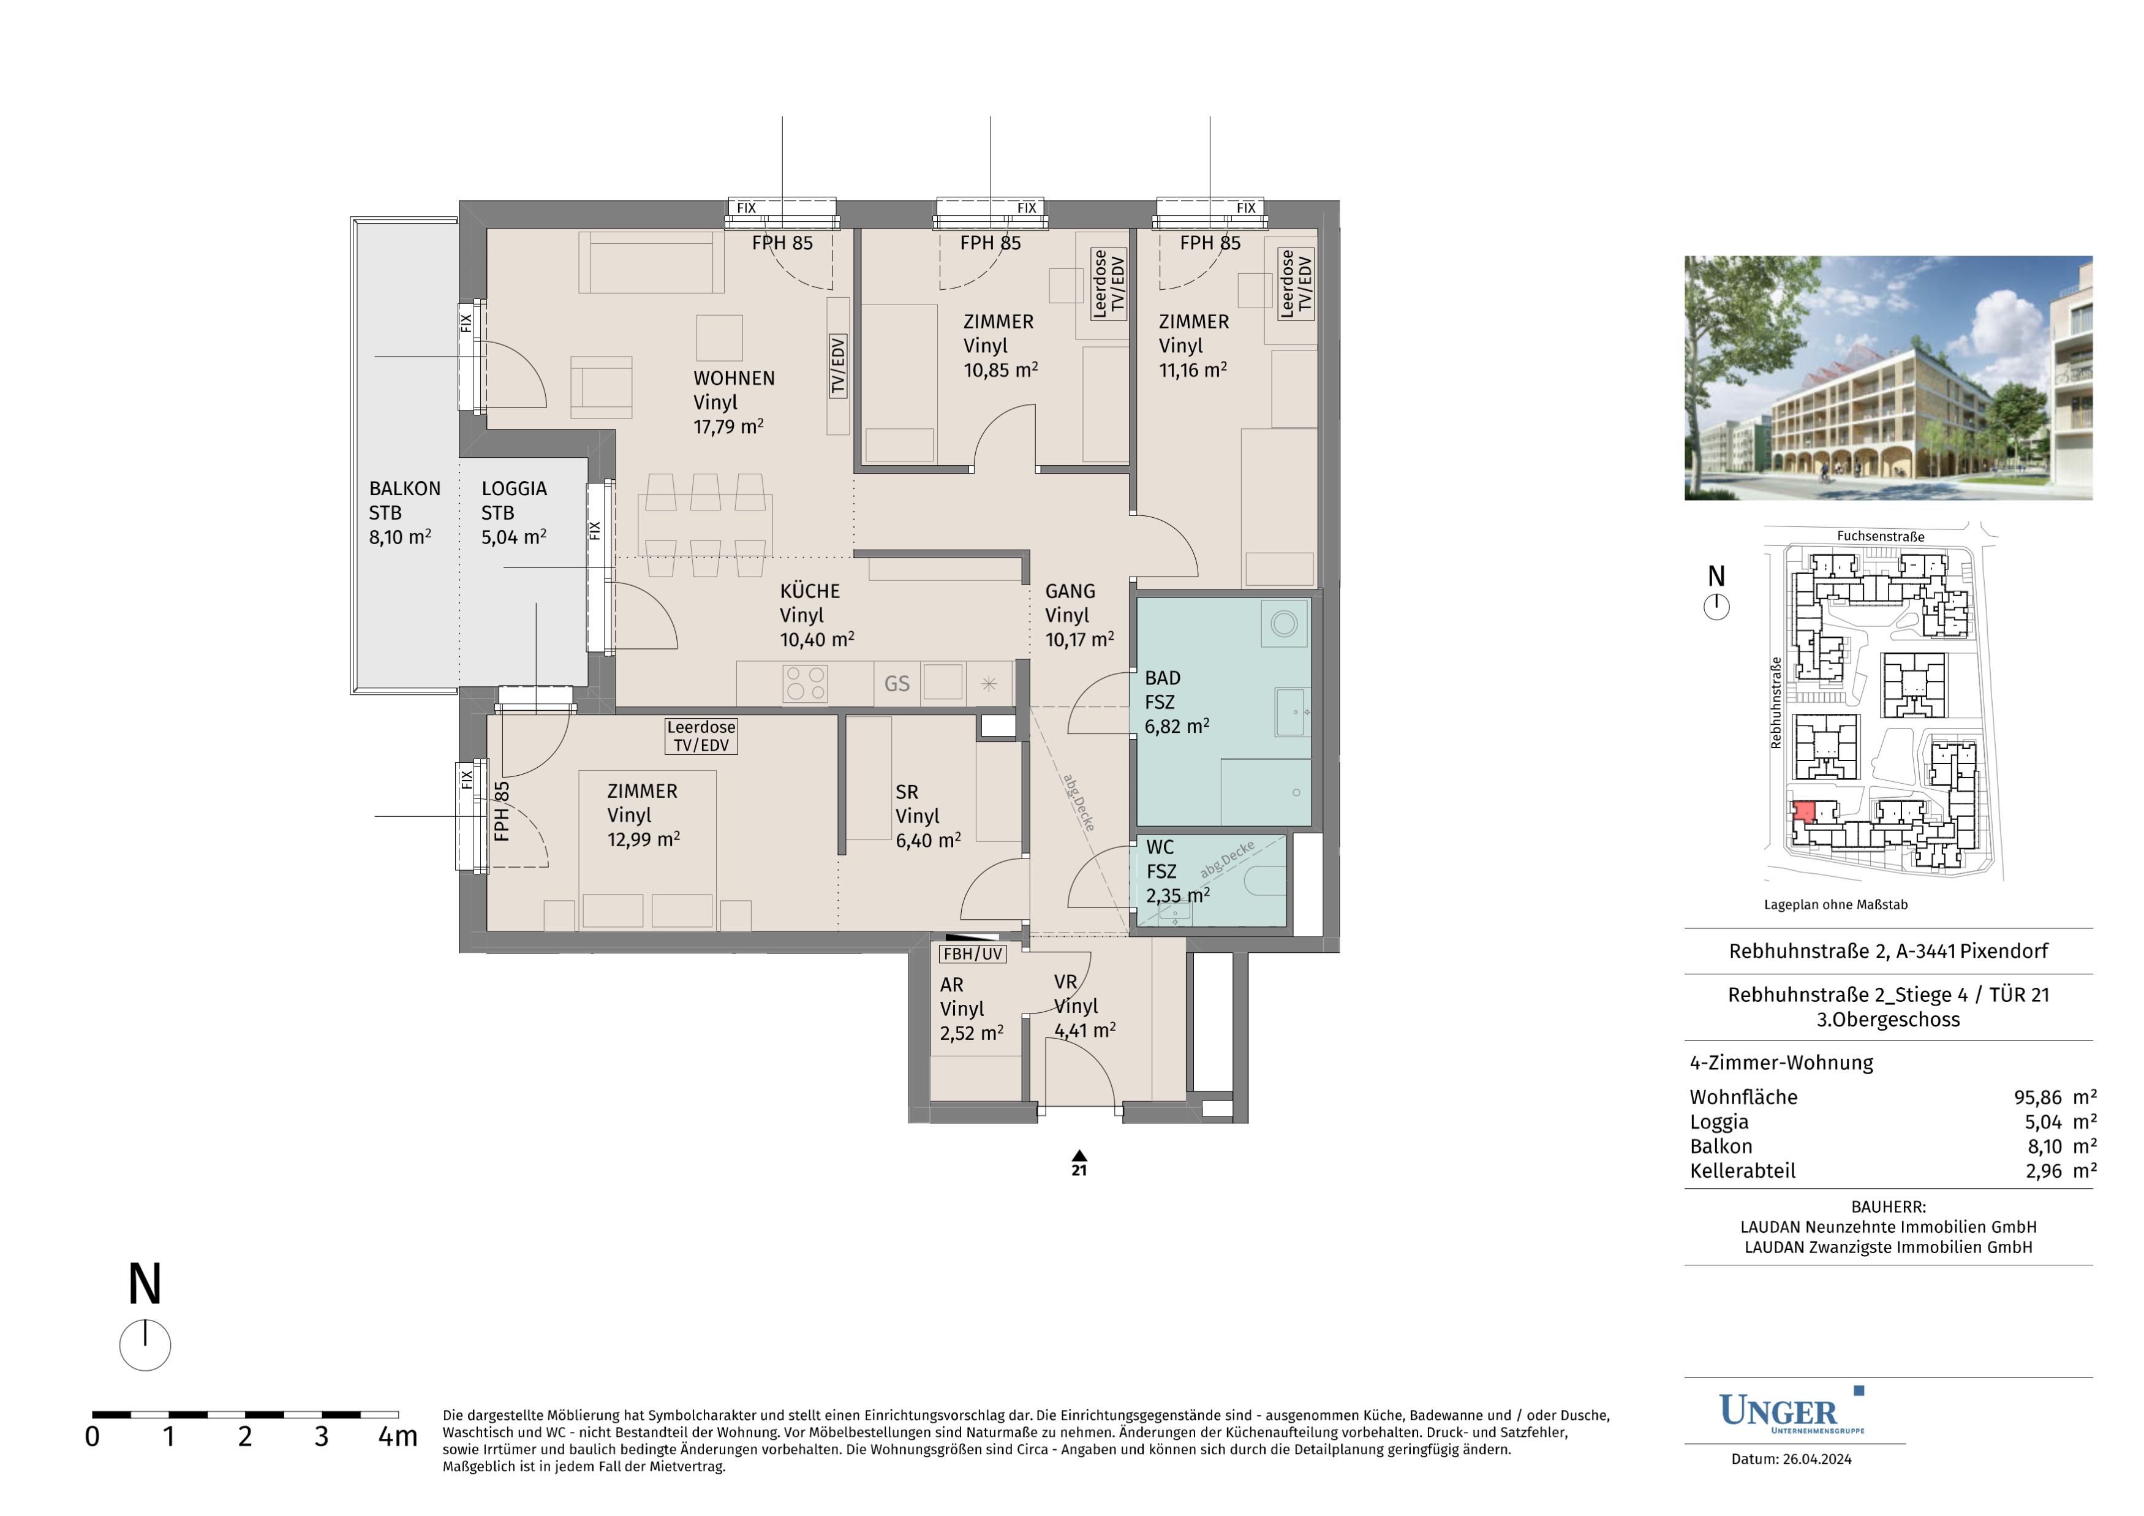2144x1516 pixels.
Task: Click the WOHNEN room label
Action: coord(734,378)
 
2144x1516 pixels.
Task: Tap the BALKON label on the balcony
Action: coord(404,488)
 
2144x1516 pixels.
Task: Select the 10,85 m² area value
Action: coord(1001,370)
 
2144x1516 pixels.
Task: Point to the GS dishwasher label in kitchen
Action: coord(896,684)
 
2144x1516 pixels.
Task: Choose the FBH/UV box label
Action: coord(973,953)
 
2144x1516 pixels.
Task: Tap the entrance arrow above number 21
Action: coord(1079,1156)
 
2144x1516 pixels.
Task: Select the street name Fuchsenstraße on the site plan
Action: coord(1881,536)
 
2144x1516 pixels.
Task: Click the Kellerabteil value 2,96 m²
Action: coord(2061,1170)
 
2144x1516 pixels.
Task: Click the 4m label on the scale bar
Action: coord(398,1436)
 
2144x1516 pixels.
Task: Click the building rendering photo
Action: coord(1888,377)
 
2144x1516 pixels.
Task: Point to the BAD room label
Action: coord(1163,678)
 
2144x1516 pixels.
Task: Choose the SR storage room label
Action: coord(907,792)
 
